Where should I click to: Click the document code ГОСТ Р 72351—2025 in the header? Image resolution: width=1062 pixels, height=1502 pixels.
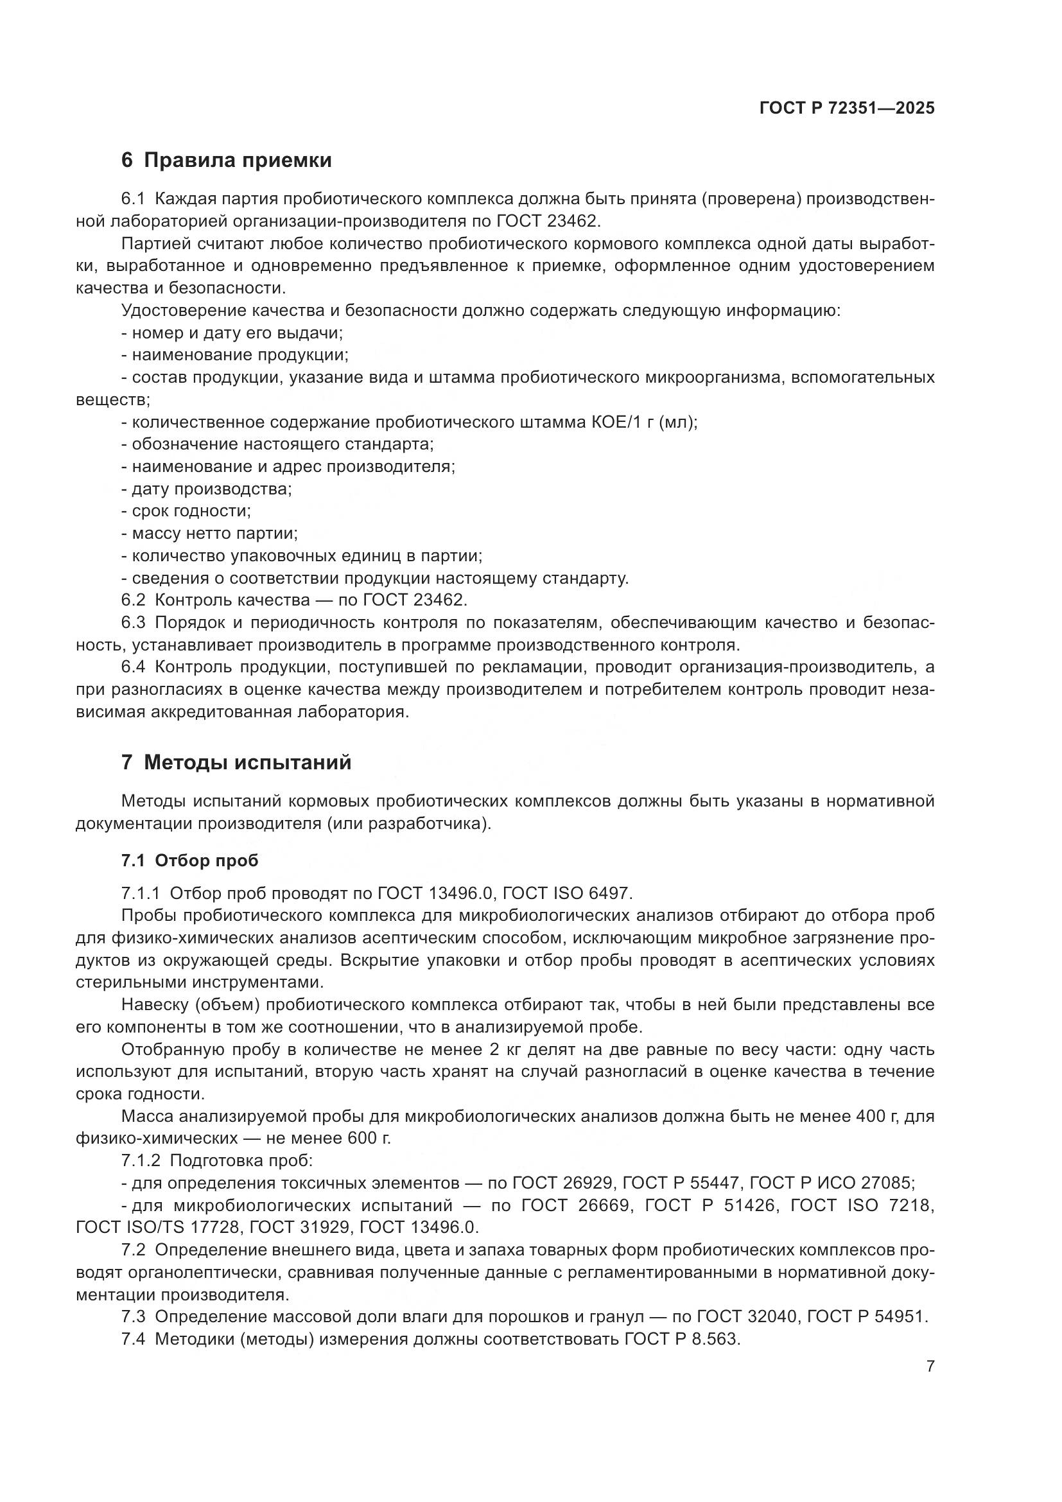847,108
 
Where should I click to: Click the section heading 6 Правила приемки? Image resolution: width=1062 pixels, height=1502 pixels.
226,161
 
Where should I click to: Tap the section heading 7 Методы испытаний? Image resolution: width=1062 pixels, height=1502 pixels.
236,762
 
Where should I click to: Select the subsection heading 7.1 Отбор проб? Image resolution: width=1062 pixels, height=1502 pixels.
189,860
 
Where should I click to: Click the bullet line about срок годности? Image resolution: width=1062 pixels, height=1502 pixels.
186,511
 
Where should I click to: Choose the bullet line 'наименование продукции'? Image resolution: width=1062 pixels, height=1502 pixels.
236,355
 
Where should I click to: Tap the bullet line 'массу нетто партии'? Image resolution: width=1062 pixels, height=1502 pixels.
210,533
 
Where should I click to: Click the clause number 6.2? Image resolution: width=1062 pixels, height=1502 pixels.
134,600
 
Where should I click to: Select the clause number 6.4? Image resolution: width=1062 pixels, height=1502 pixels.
134,667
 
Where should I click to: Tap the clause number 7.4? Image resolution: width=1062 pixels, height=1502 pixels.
134,1339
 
